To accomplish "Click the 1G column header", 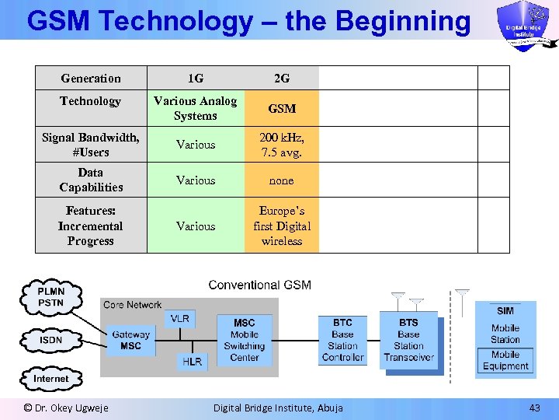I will (196, 79).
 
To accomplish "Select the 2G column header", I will (282, 79).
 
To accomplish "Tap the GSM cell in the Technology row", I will (282, 109).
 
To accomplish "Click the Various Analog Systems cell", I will (196, 108).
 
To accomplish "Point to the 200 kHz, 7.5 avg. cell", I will (282, 145).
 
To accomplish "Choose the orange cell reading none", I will (282, 180).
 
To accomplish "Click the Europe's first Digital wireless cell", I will (282, 226).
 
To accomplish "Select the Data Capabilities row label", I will (91, 180).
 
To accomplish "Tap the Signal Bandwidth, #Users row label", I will (91, 145).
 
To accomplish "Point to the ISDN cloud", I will (51, 340).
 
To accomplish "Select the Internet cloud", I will (51, 379).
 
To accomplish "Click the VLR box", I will (179, 319).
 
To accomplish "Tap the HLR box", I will (192, 362).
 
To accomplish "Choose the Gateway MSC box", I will (130, 341).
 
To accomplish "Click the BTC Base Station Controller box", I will (342, 340).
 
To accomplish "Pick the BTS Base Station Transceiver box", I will (408, 340).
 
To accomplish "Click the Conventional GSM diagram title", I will (259, 285).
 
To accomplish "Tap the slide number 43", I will (534, 408).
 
